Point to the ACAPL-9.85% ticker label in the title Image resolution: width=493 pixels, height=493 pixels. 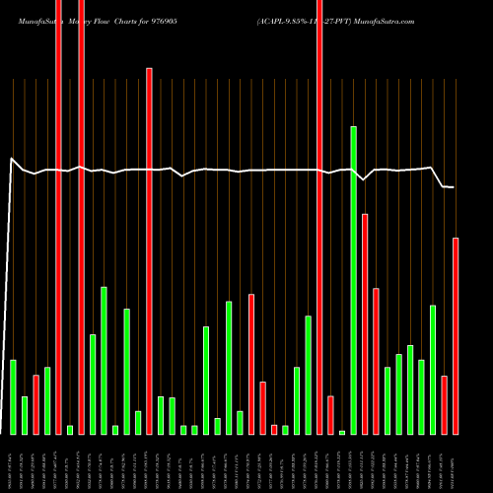[287, 20]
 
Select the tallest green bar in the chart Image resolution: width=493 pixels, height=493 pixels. [353, 280]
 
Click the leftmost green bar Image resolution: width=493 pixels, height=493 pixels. [14, 396]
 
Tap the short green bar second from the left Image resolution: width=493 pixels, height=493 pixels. [25, 415]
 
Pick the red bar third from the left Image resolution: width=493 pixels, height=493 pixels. [36, 404]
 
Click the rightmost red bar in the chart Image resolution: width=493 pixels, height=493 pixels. [456, 335]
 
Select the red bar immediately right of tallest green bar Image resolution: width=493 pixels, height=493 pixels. [365, 323]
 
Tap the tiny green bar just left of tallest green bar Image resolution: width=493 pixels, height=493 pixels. [342, 432]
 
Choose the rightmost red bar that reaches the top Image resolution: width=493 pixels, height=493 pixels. [319, 217]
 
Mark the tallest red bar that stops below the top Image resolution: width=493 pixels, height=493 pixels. [149, 250]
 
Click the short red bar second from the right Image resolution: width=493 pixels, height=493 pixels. [445, 404]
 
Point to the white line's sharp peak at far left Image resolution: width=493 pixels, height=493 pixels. [12, 158]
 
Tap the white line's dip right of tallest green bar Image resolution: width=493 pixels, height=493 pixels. [364, 179]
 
